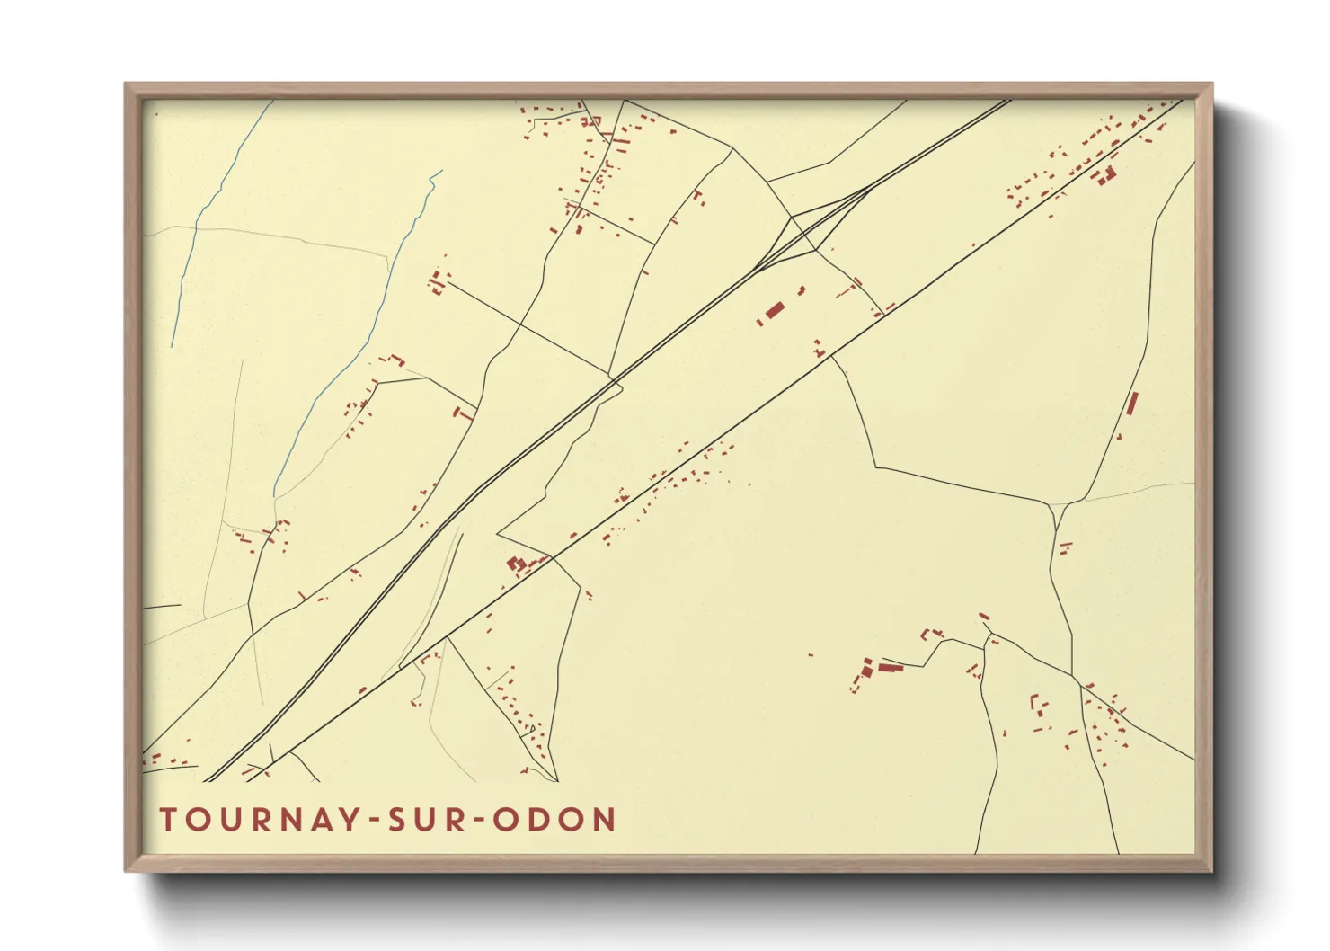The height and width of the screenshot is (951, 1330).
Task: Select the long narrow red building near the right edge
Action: tap(1131, 404)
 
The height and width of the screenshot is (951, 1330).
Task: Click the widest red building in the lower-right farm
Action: tap(890, 667)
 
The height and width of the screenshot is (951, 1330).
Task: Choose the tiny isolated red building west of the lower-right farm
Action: tap(811, 654)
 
